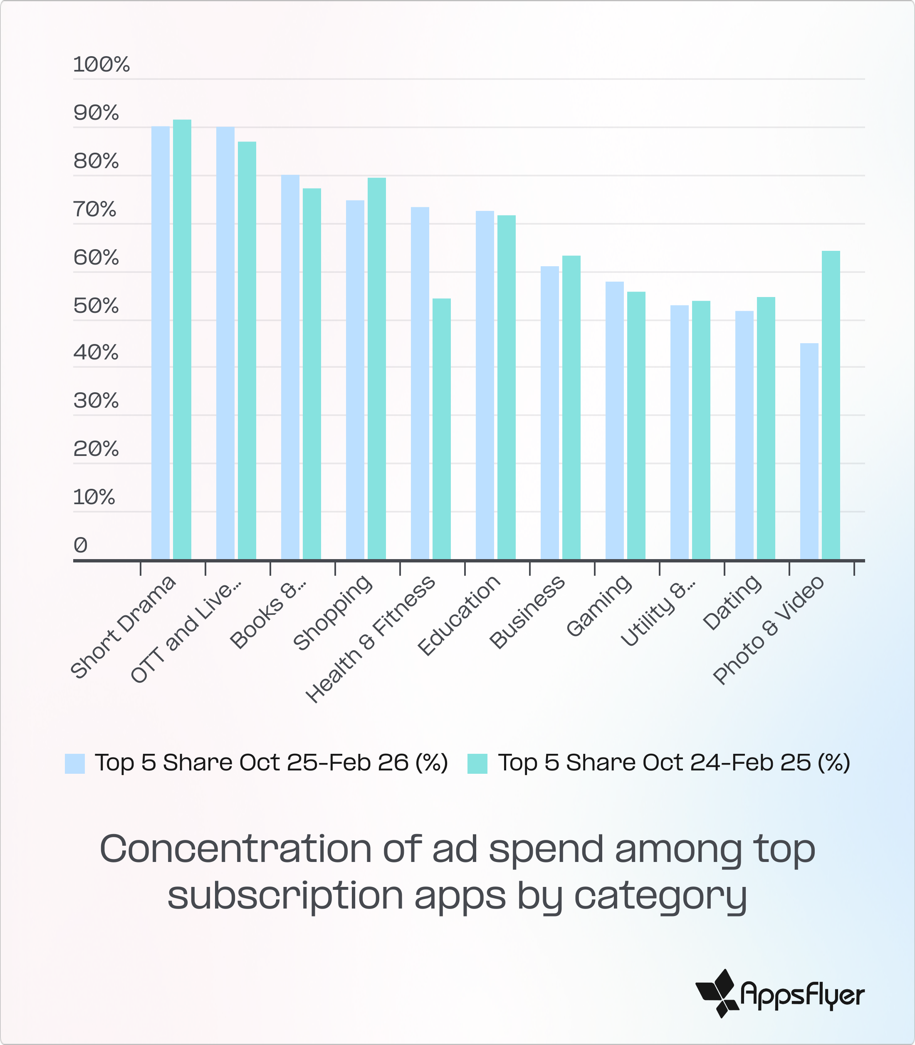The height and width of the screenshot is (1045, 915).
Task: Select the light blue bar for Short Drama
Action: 160,343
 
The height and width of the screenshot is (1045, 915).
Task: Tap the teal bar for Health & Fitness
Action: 441,429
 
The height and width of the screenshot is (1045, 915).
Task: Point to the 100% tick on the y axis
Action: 101,65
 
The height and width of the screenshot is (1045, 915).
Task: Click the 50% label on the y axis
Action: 96,306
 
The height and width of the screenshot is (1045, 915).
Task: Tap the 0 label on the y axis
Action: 81,545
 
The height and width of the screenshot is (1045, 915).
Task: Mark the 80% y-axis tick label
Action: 96,161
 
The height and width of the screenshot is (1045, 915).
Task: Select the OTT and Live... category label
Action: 186,630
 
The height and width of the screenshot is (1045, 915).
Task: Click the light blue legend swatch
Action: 74,764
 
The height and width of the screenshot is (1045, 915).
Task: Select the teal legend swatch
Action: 477,764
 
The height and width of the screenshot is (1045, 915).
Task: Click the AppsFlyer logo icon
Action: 717,993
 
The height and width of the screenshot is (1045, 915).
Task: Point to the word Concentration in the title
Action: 235,849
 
